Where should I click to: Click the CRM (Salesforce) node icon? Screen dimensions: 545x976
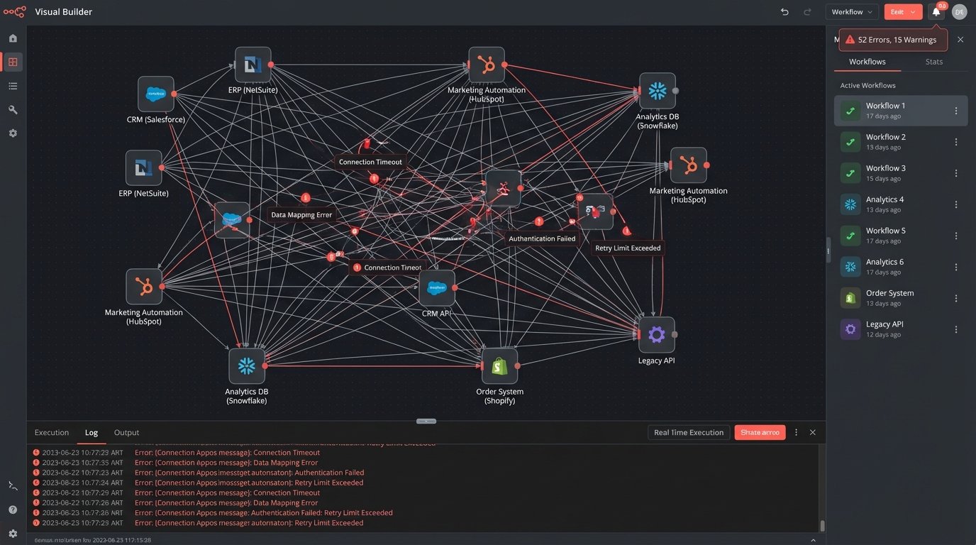pyautogui.click(x=156, y=94)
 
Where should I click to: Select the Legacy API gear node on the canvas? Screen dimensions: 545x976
pyautogui.click(x=656, y=335)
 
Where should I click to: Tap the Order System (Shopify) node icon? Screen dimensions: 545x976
pyautogui.click(x=499, y=366)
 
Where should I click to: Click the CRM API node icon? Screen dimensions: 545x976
pyautogui.click(x=437, y=287)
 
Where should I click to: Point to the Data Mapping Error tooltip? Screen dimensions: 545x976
pyautogui.click(x=301, y=214)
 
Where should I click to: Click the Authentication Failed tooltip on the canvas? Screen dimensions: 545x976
pyautogui.click(x=542, y=238)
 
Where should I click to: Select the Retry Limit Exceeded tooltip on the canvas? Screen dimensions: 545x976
pyautogui.click(x=628, y=248)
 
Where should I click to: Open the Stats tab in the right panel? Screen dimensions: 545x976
pyautogui.click(x=934, y=62)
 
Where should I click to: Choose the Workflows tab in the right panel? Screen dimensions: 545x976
pyautogui.click(x=867, y=62)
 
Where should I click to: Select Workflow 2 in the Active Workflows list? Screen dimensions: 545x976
pyautogui.click(x=886, y=141)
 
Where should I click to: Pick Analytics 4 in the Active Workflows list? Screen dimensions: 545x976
pyautogui.click(x=885, y=204)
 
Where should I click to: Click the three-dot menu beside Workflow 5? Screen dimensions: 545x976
pyautogui.click(x=956, y=236)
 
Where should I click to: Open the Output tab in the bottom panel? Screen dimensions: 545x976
pyautogui.click(x=126, y=432)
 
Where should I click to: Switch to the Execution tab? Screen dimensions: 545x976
pyautogui.click(x=52, y=432)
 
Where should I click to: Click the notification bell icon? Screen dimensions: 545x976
pyautogui.click(x=936, y=11)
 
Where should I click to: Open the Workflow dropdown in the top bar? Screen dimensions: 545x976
pyautogui.click(x=852, y=12)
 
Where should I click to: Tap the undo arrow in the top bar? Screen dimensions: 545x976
pyautogui.click(x=784, y=12)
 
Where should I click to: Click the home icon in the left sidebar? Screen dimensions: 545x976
pyautogui.click(x=13, y=38)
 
